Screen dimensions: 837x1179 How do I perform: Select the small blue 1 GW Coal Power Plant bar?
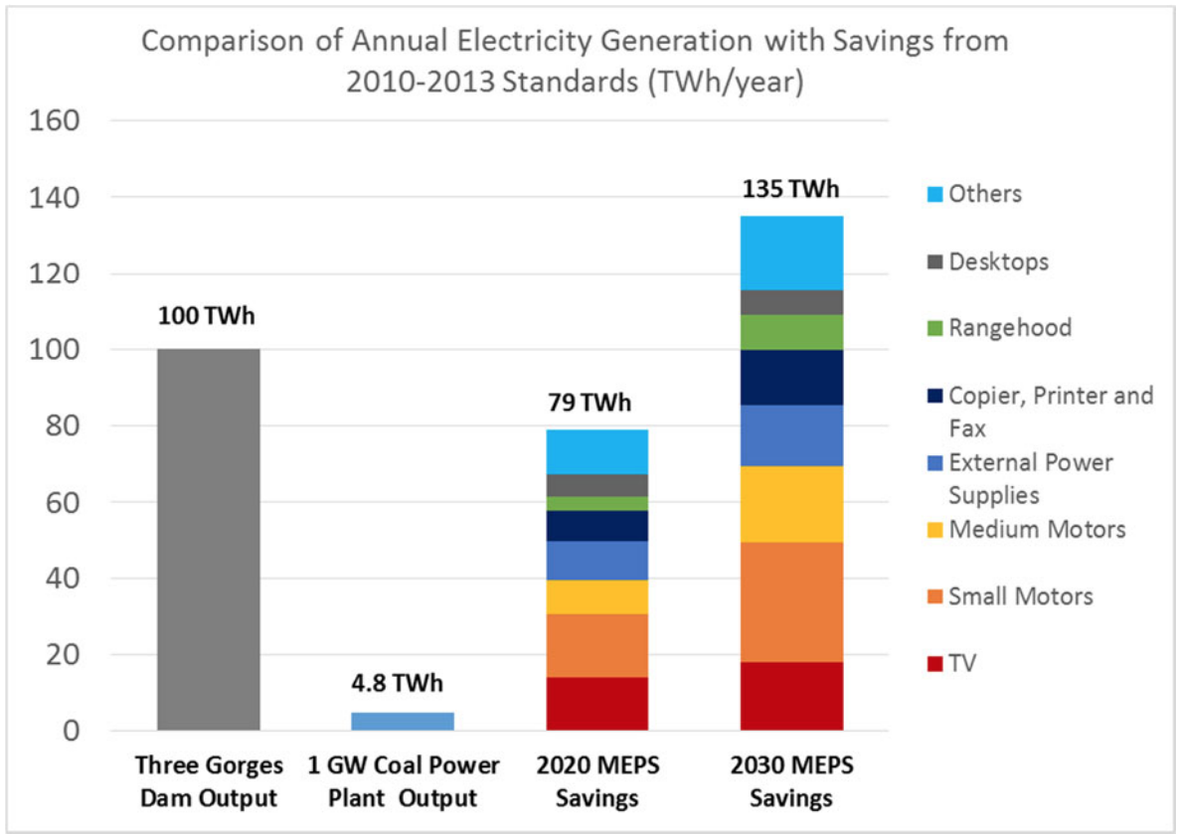point(403,721)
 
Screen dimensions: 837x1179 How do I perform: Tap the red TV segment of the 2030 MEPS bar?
point(791,696)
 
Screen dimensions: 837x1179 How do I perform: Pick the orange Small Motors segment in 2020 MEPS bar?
point(596,645)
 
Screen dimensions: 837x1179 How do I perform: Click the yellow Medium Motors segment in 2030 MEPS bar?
point(791,504)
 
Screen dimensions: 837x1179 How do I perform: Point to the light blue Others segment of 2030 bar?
point(791,252)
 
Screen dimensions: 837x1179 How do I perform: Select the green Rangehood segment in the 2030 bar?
point(791,332)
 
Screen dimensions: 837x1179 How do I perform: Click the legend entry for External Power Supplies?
point(1030,478)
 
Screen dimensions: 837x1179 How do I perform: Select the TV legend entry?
point(962,662)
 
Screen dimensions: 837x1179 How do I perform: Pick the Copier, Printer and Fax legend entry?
point(1050,411)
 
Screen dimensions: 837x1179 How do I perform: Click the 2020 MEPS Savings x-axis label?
point(596,782)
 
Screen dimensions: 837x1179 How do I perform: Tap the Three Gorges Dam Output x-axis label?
point(210,782)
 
